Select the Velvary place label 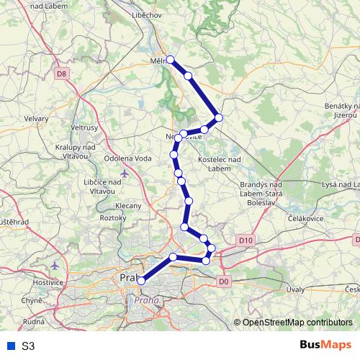[35, 119]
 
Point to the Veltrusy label [84, 127]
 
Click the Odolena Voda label [128, 158]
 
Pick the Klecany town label [127, 206]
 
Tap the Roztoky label [112, 217]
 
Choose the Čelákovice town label [287, 217]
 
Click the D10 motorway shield [245, 240]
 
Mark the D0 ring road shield [223, 282]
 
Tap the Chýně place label [32, 300]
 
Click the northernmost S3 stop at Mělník [171, 60]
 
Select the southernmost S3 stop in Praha [141, 281]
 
